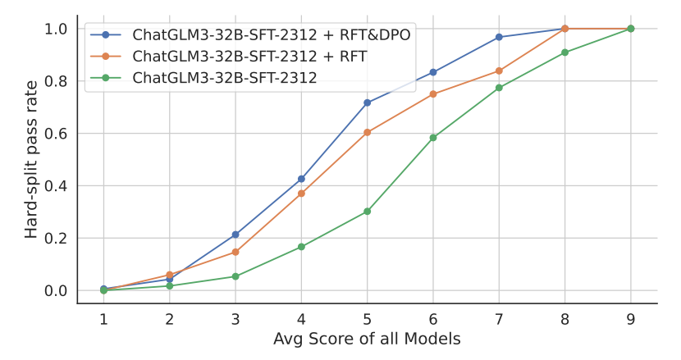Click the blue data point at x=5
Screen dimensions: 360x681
point(367,103)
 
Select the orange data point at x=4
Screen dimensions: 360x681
point(301,194)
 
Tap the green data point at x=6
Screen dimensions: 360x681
point(433,138)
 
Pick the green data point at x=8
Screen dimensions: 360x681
point(564,52)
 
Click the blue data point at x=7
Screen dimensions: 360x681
point(499,37)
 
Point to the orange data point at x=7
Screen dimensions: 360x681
point(499,71)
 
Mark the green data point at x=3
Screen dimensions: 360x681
point(235,276)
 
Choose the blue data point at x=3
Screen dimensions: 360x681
point(235,235)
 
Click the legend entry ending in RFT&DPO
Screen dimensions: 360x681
point(272,34)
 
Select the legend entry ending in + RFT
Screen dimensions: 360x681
point(249,57)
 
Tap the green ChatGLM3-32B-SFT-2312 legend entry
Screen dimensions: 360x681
point(225,79)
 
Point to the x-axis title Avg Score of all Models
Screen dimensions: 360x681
point(367,339)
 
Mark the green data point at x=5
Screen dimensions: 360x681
point(367,212)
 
